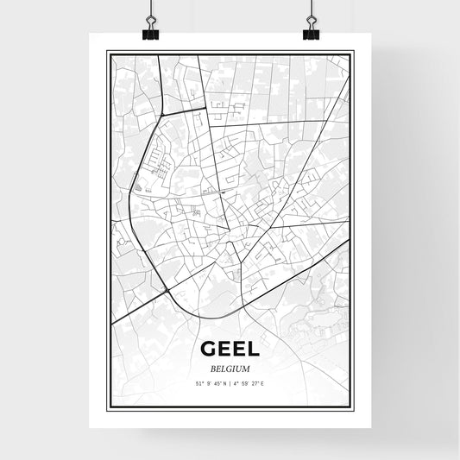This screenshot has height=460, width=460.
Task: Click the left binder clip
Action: pyautogui.click(x=151, y=32)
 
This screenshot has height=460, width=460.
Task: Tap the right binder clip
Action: pyautogui.click(x=311, y=32)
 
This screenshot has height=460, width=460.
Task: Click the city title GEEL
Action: pyautogui.click(x=229, y=349)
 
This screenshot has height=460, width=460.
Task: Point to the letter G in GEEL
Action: pyautogui.click(x=209, y=349)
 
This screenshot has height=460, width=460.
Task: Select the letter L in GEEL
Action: pyautogui.click(x=250, y=349)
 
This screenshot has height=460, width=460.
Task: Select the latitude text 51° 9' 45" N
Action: pyautogui.click(x=211, y=382)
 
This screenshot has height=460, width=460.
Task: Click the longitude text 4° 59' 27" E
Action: pyautogui.click(x=248, y=382)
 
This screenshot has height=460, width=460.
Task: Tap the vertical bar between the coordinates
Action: pyautogui.click(x=230, y=382)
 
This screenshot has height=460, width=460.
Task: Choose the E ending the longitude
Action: pyautogui.click(x=262, y=382)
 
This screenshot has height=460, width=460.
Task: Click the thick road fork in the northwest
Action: pyautogui.click(x=161, y=114)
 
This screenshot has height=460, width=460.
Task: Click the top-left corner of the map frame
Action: pyautogui.click(x=107, y=52)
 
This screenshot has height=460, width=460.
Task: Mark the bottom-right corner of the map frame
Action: pyautogui.click(x=352, y=408)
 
